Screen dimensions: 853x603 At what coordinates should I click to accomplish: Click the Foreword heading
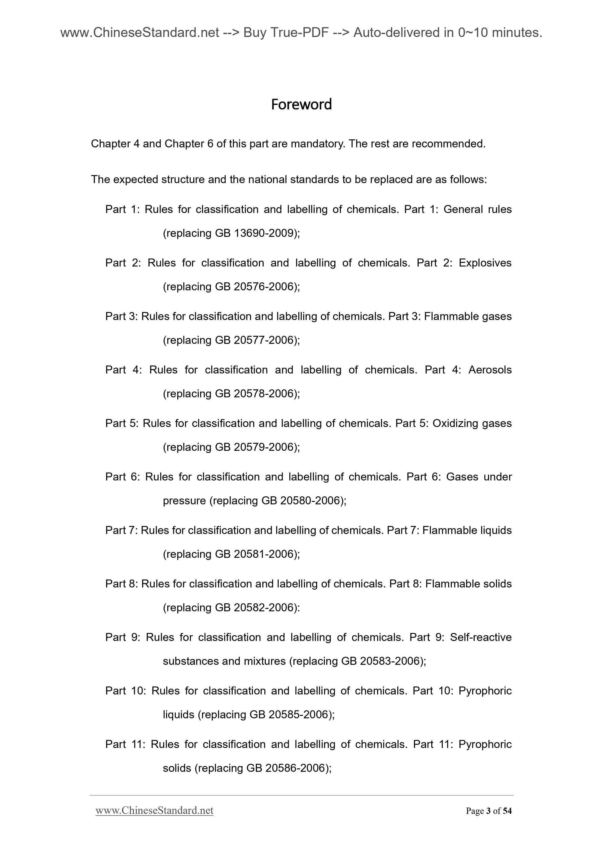(301, 104)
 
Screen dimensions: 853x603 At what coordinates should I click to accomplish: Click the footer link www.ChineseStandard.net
(154, 810)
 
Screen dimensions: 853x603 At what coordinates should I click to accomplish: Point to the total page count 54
(507, 811)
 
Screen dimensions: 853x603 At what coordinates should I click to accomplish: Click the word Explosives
(485, 263)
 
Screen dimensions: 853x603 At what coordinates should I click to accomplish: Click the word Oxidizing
(455, 424)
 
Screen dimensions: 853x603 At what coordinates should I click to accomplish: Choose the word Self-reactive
(481, 638)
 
